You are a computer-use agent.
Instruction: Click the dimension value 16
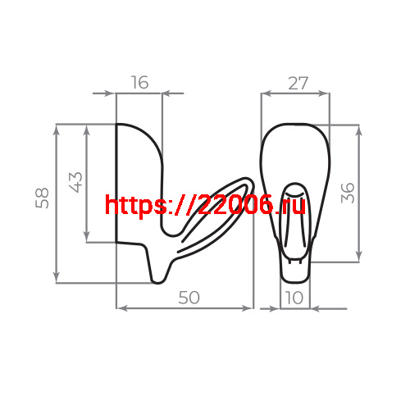click(140, 83)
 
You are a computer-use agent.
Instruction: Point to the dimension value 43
click(75, 181)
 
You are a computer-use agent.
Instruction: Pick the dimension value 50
click(189, 298)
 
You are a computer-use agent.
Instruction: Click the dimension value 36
click(347, 193)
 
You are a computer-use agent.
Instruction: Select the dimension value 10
click(295, 298)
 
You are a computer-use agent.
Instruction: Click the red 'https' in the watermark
click(135, 204)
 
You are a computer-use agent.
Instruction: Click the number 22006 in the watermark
click(238, 204)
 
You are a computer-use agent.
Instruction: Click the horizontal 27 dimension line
click(295, 93)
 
